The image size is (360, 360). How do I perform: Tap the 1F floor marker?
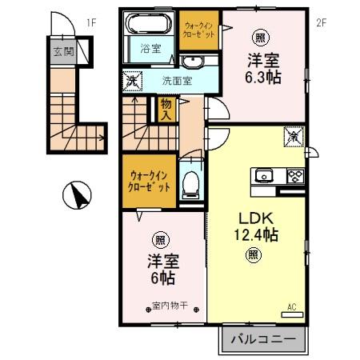(91, 22)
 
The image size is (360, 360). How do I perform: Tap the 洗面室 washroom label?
(175, 80)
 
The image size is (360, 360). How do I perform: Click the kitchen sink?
(265, 176)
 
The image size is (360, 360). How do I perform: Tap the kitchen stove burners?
(294, 176)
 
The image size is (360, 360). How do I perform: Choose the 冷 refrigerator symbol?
(294, 137)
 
